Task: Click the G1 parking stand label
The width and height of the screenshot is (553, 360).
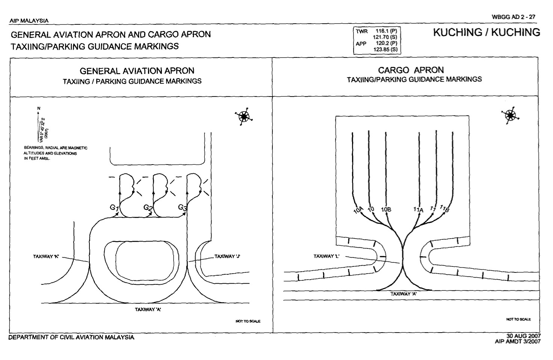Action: [x=114, y=208]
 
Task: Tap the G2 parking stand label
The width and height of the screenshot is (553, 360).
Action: [x=148, y=207]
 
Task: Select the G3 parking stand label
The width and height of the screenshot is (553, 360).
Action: [x=182, y=207]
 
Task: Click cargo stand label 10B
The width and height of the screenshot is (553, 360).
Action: [x=386, y=209]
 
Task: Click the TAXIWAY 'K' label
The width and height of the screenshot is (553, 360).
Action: [x=47, y=257]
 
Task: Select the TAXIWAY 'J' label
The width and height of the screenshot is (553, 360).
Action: [x=227, y=257]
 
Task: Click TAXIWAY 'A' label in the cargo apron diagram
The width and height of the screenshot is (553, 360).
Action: [x=403, y=294]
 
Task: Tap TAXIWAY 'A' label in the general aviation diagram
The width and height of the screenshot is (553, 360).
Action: [x=148, y=309]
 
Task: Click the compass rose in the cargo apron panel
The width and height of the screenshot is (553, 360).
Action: [x=510, y=115]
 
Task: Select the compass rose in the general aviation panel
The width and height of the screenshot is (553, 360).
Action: [x=243, y=117]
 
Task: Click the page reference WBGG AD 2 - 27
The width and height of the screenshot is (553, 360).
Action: [x=515, y=17]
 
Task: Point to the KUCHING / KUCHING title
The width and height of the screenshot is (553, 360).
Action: [x=487, y=33]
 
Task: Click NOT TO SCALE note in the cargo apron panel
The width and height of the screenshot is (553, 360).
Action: [x=518, y=319]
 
